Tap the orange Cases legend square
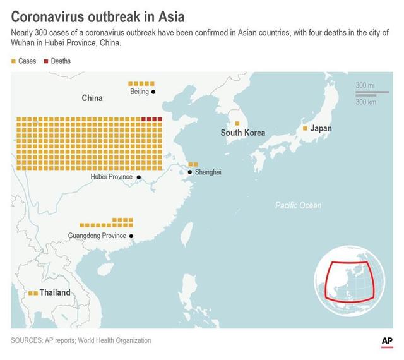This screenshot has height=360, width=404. [13, 61]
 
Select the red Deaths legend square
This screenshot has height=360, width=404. [45, 61]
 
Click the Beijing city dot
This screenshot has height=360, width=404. [153, 92]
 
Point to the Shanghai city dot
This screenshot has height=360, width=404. [189, 172]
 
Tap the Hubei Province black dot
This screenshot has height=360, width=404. [137, 177]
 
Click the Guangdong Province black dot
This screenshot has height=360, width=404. [131, 236]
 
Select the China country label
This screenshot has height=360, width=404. [92, 99]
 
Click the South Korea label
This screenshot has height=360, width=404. [242, 133]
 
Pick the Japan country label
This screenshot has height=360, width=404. [320, 128]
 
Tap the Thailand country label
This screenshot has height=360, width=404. [55, 293]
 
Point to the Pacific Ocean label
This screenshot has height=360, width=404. [298, 205]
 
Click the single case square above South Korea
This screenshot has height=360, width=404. [237, 123]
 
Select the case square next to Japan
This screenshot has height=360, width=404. [305, 128]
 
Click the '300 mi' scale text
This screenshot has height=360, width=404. [365, 85]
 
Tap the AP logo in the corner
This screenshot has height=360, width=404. [387, 341]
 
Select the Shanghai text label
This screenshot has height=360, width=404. [208, 172]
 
